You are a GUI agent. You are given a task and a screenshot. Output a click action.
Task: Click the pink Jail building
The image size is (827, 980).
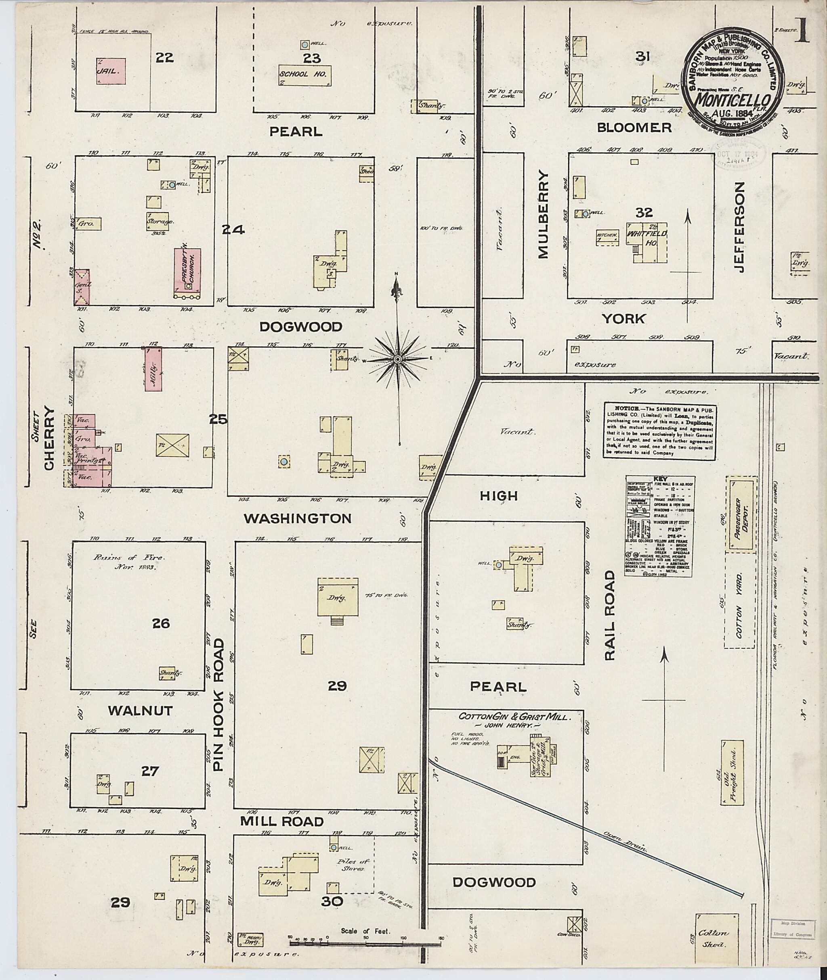click(111, 71)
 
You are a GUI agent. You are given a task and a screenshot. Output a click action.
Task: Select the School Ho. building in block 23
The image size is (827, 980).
click(305, 75)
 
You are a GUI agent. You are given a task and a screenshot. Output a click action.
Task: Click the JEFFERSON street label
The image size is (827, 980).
click(739, 227)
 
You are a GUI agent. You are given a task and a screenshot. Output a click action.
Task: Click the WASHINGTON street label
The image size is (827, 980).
click(297, 518)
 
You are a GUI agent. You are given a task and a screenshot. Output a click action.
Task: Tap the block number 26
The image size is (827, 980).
click(161, 623)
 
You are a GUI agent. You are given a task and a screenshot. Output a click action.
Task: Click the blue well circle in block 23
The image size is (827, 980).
click(305, 44)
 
